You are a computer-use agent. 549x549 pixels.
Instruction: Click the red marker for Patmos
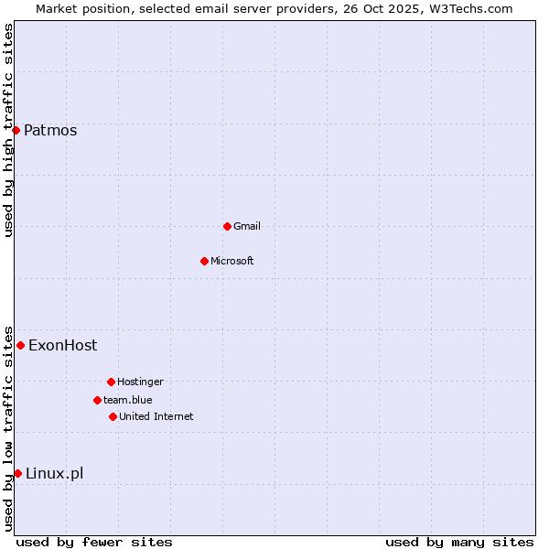16,130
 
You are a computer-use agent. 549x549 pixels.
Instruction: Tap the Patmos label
50,130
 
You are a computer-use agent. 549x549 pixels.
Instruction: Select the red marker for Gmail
227,226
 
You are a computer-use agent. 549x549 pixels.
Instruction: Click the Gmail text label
247,226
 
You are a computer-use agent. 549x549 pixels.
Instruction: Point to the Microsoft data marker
204,261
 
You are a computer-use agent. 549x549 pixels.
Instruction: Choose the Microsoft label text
232,261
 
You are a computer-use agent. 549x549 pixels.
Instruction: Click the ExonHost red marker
20,345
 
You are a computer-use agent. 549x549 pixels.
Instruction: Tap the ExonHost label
62,345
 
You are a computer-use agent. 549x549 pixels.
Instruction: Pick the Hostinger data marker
111,382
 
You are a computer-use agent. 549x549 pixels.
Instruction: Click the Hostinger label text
140,382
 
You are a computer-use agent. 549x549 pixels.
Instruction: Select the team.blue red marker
97,400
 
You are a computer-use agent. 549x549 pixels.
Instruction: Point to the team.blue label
128,400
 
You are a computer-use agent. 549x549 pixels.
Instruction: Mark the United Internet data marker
113,416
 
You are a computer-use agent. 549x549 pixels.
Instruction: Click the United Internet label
156,416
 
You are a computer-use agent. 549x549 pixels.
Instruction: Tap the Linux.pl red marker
17,473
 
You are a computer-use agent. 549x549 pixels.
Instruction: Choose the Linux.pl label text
54,473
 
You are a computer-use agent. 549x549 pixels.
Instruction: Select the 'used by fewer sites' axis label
94,542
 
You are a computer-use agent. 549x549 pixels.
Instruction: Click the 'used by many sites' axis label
459,542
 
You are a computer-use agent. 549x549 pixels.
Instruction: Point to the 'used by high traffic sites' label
8,130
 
